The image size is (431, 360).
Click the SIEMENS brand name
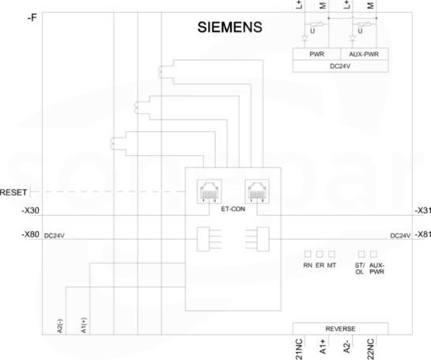coord(230,27)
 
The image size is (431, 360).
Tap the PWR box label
coord(316,54)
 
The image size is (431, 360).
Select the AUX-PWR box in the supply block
coord(365,54)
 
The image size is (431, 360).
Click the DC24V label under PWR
coord(340,66)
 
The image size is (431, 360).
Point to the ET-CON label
coord(233,209)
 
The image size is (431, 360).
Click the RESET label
coord(13,192)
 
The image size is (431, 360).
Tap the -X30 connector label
coord(31,210)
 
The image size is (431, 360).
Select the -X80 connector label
coord(31,234)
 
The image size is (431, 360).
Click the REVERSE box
coord(340,328)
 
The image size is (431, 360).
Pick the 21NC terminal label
coord(299,349)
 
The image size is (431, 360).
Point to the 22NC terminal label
coord(371,349)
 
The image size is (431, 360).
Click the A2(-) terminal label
coord(60,326)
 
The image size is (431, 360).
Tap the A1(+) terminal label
coord(84,326)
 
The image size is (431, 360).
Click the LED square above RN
coord(308,254)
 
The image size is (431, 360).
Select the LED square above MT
coord(331,254)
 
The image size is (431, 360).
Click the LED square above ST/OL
coord(361,254)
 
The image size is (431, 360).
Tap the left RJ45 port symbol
coord(210,191)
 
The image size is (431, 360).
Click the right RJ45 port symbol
coord(257,191)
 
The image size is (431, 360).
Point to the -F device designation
coord(32,18)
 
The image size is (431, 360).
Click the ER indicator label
coord(319,265)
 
